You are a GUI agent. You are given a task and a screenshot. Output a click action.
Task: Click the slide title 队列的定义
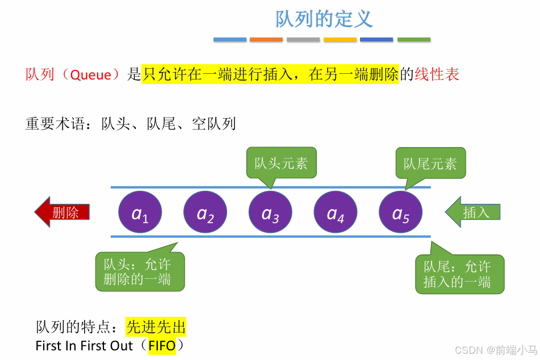[x=324, y=19]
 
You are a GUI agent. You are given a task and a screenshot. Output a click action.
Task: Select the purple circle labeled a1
[x=140, y=213]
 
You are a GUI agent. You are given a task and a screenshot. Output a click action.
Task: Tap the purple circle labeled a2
[x=205, y=213]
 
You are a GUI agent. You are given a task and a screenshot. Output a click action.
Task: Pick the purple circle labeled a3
[x=270, y=213]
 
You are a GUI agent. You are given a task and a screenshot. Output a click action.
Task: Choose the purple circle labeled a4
[x=336, y=213]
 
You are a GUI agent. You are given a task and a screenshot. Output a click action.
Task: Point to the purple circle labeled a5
[x=401, y=213]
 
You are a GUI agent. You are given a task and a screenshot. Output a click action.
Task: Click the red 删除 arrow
[x=63, y=212]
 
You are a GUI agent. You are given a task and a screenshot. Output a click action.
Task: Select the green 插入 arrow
[x=473, y=212]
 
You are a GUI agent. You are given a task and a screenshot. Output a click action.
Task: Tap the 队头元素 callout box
[x=281, y=164]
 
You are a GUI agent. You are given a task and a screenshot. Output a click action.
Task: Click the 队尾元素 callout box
[x=430, y=164]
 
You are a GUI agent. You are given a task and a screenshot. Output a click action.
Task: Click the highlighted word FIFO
[x=162, y=345]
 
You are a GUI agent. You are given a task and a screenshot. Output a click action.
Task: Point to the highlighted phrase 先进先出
[x=156, y=327]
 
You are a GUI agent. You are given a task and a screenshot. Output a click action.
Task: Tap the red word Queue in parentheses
[x=91, y=74]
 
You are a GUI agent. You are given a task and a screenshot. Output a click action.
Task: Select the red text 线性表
[x=437, y=74]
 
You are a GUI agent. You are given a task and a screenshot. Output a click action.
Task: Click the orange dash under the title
[x=266, y=40]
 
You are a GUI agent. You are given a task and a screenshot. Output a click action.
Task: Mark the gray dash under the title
[x=303, y=40]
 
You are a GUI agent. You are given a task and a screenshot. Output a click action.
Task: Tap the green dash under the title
[x=414, y=40]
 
